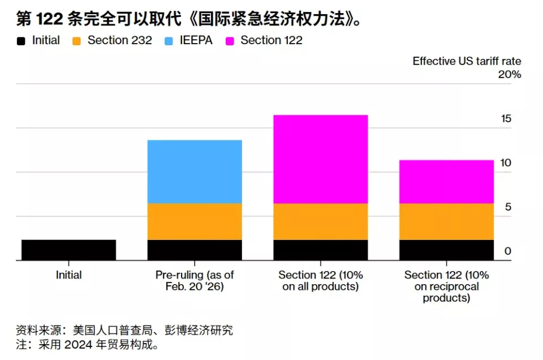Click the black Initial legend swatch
tap(21, 41)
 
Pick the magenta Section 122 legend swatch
tap(230, 41)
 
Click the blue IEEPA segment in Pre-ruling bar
tap(195, 172)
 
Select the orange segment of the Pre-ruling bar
tap(195, 221)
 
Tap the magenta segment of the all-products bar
tap(320, 159)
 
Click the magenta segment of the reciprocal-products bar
tap(446, 182)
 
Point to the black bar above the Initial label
tap(68, 250)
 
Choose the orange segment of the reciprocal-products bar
tap(446, 221)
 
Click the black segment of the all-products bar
tap(320, 250)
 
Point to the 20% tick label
tap(509, 75)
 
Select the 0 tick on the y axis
tap(507, 251)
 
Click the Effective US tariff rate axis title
tap(467, 61)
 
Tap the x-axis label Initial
tap(68, 275)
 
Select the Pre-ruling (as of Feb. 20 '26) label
tap(195, 281)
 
